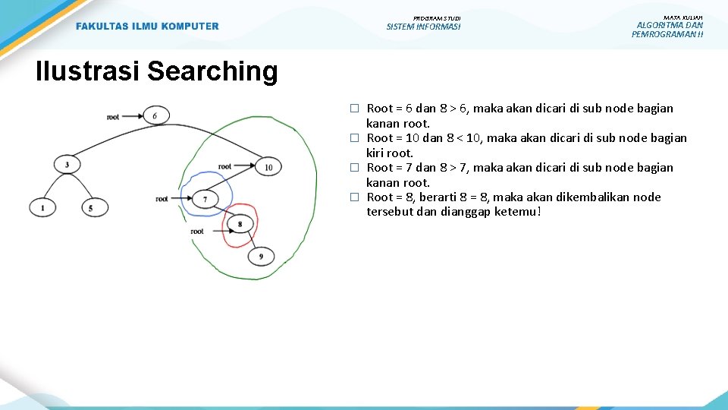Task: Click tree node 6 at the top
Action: pyautogui.click(x=155, y=116)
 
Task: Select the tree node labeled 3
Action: pyautogui.click(x=67, y=165)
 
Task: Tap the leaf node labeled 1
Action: pyautogui.click(x=42, y=207)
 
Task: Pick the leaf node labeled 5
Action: pyautogui.click(x=92, y=207)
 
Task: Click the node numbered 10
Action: pyautogui.click(x=268, y=166)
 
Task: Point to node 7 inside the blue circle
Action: pyautogui.click(x=205, y=199)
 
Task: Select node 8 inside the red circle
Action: pyautogui.click(x=240, y=224)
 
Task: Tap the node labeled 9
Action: pyautogui.click(x=262, y=257)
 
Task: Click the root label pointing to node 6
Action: pyautogui.click(x=113, y=117)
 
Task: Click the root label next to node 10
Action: pyautogui.click(x=224, y=166)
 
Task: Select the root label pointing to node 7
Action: pyautogui.click(x=162, y=199)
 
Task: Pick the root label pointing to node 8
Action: pyautogui.click(x=197, y=231)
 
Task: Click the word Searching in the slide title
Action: pyautogui.click(x=212, y=71)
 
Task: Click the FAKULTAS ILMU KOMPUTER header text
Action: pyautogui.click(x=147, y=27)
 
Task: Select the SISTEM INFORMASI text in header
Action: pyautogui.click(x=423, y=27)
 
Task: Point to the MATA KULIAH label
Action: pyautogui.click(x=682, y=17)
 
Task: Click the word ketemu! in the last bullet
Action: pyautogui.click(x=518, y=212)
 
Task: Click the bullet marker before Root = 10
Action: pyautogui.click(x=353, y=138)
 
